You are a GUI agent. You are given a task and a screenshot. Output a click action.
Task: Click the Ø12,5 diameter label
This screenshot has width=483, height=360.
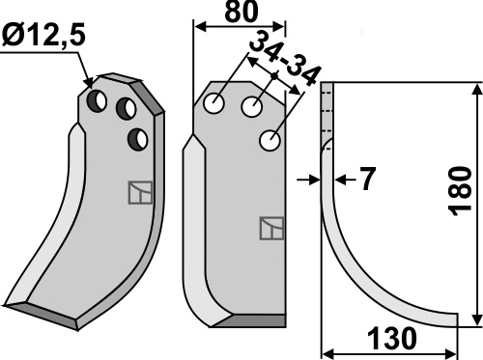click(x=43, y=36)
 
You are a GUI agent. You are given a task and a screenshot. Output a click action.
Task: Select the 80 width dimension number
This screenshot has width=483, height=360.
click(x=241, y=12)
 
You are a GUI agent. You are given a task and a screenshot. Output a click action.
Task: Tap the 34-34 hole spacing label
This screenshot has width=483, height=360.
click(x=285, y=61)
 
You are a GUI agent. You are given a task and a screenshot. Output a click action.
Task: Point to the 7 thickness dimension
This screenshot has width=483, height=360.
click(x=367, y=179)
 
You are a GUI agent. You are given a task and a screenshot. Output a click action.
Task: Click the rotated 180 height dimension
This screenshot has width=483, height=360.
click(x=460, y=191)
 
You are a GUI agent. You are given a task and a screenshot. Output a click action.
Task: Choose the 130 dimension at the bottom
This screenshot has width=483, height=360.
click(x=392, y=339)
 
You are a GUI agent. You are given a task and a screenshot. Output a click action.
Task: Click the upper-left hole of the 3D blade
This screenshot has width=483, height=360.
click(x=97, y=101)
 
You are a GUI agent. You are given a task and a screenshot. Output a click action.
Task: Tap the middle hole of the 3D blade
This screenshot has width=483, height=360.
click(x=126, y=109)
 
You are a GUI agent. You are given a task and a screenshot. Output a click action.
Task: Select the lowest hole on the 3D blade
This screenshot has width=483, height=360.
click(x=138, y=139)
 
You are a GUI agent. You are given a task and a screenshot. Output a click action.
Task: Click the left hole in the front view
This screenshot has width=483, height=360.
click(x=214, y=103)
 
